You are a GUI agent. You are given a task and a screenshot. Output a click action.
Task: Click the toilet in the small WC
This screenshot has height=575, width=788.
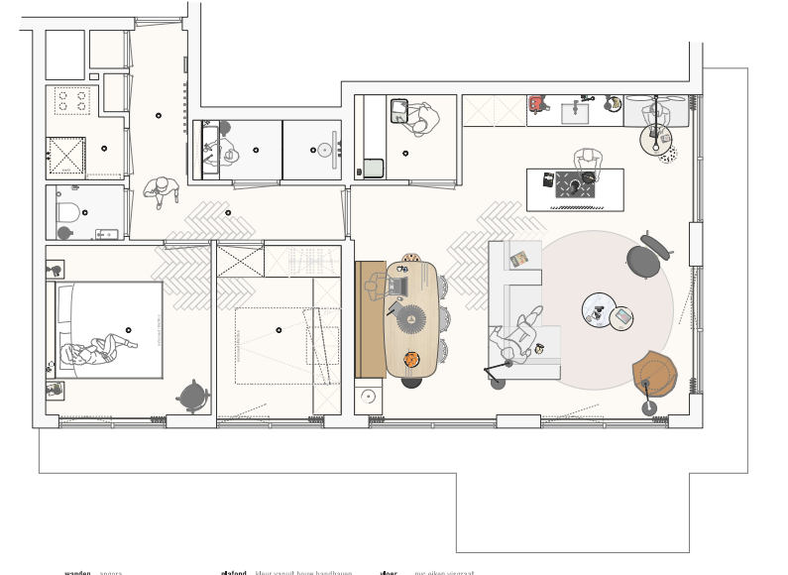pos(68,211)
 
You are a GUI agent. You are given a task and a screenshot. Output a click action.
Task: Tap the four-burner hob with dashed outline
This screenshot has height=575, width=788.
pos(70,101)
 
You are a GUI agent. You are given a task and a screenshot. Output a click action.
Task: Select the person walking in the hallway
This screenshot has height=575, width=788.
pos(159,190)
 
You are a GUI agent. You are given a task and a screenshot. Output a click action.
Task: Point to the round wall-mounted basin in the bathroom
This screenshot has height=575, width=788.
pos(324,151)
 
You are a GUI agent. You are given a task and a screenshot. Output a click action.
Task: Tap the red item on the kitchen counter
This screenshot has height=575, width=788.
pos(538,103)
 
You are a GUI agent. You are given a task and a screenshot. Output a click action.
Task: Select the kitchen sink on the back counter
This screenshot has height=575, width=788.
pos(575,113)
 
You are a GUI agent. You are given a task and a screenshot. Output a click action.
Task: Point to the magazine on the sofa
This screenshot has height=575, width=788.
pos(519,260)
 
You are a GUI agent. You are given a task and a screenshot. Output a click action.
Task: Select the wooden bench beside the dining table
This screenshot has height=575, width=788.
pos(370,319)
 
